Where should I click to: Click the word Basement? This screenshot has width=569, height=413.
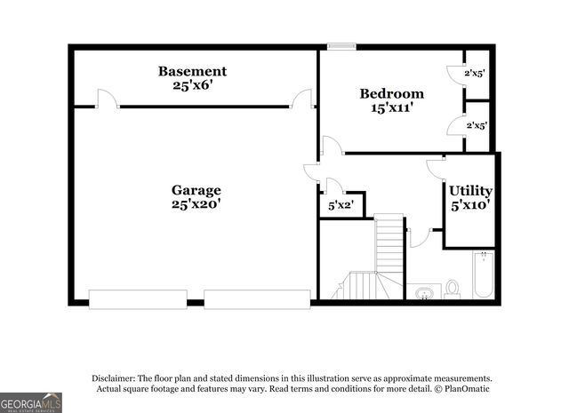click(192, 71)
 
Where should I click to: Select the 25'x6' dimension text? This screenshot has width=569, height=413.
click(192, 86)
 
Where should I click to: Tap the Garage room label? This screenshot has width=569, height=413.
click(196, 190)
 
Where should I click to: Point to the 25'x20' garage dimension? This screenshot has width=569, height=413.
click(196, 205)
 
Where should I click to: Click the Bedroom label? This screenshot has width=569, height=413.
click(391, 93)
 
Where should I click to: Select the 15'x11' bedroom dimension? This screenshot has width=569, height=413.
click(391, 108)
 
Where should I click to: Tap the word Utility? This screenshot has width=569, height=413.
click(470, 191)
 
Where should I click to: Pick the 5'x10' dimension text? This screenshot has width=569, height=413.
click(470, 206)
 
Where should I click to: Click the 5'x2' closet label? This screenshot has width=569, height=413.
click(341, 206)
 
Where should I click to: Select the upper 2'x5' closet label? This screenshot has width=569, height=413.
click(475, 74)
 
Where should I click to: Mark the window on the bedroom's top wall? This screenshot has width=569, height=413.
click(341, 46)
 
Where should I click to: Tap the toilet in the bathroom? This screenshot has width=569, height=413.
click(453, 289)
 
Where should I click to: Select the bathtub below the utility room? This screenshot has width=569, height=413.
click(483, 274)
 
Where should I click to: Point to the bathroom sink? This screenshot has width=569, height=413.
click(423, 291)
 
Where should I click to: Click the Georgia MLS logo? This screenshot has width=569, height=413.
click(31, 402)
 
